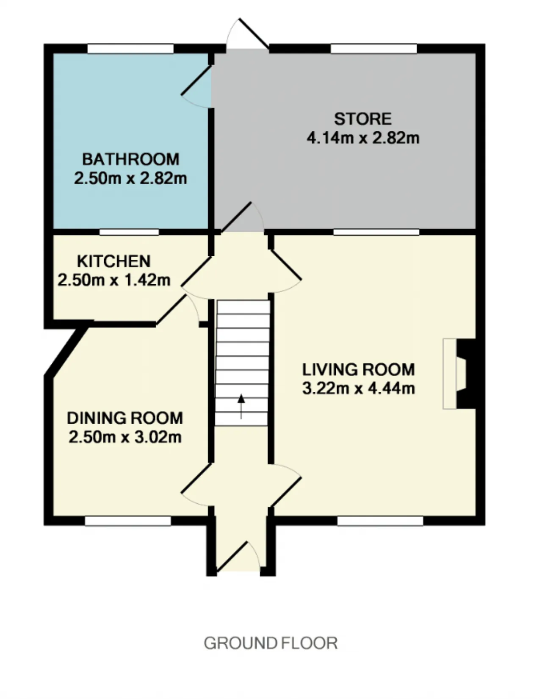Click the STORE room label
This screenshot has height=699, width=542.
pyautogui.click(x=363, y=119)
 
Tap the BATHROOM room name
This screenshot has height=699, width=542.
pyautogui.click(x=131, y=160)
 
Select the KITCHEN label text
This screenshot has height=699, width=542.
pyautogui.click(x=114, y=261)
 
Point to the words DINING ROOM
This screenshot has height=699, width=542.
pyautogui.click(x=125, y=418)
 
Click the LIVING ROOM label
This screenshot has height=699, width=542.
pyautogui.click(x=359, y=369)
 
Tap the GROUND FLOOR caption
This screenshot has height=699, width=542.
pyautogui.click(x=271, y=643)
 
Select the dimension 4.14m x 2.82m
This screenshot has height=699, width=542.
pyautogui.click(x=363, y=139)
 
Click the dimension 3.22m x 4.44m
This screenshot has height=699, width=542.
pyautogui.click(x=359, y=389)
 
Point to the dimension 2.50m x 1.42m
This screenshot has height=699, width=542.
pyautogui.click(x=114, y=280)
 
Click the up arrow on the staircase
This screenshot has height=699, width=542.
pyautogui.click(x=241, y=407)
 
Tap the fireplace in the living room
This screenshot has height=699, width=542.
pyautogui.click(x=459, y=374)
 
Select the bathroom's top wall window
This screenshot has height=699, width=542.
pyautogui.click(x=130, y=49)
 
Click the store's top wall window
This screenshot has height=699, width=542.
pyautogui.click(x=374, y=49)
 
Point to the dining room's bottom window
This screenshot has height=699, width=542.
pyautogui.click(x=128, y=521)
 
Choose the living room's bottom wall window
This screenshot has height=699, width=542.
pyautogui.click(x=380, y=521)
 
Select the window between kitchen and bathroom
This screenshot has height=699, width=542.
pyautogui.click(x=129, y=232)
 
